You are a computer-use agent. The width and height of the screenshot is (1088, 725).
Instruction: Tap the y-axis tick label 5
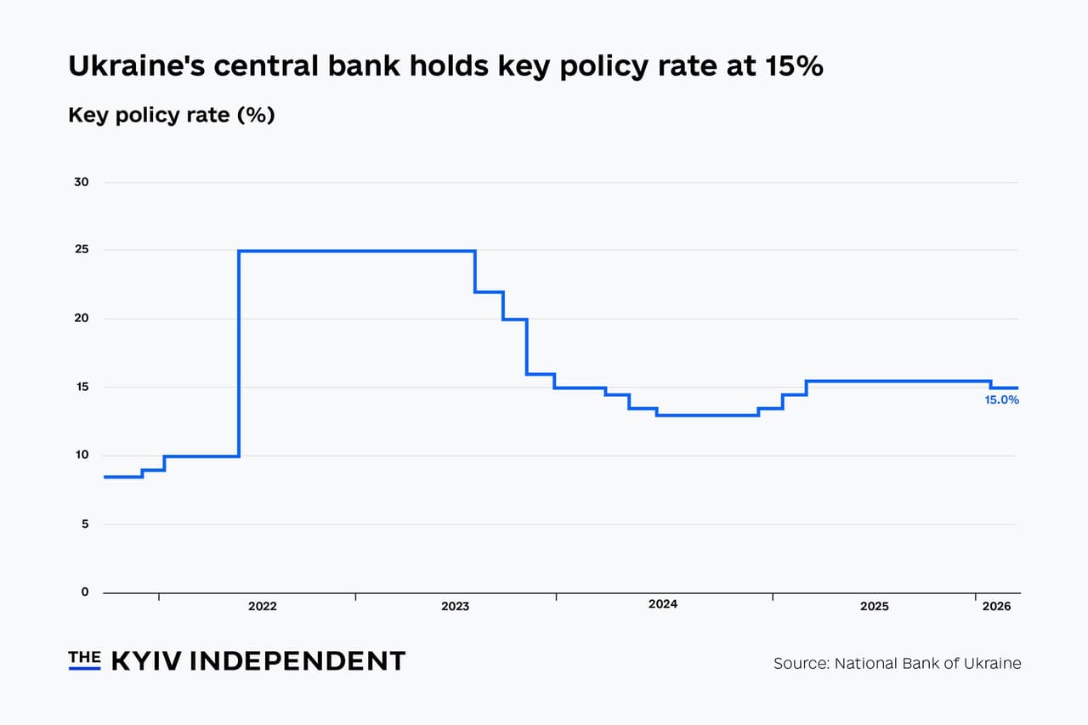(x=84, y=524)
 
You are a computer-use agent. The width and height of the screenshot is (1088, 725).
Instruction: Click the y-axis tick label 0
(x=84, y=592)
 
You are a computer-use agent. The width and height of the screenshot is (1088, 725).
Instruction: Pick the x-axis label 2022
(x=262, y=607)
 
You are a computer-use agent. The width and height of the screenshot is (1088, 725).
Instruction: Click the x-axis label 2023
(x=455, y=607)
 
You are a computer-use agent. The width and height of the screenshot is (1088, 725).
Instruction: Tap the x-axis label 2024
(x=662, y=604)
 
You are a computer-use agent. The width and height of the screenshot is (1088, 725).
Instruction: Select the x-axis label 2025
(x=874, y=607)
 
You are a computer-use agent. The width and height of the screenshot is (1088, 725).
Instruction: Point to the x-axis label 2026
(x=996, y=607)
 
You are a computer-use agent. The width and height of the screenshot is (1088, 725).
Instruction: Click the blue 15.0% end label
(x=1001, y=399)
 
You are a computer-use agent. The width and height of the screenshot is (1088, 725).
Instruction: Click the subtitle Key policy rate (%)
(x=171, y=115)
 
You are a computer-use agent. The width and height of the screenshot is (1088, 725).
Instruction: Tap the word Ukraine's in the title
(x=135, y=66)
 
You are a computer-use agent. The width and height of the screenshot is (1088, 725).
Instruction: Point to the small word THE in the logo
(x=84, y=657)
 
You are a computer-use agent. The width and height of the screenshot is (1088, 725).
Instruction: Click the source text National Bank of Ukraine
(x=927, y=663)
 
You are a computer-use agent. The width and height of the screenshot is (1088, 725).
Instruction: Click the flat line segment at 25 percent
(x=357, y=251)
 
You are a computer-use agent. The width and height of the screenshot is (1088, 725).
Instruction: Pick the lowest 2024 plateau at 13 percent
(x=707, y=415)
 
